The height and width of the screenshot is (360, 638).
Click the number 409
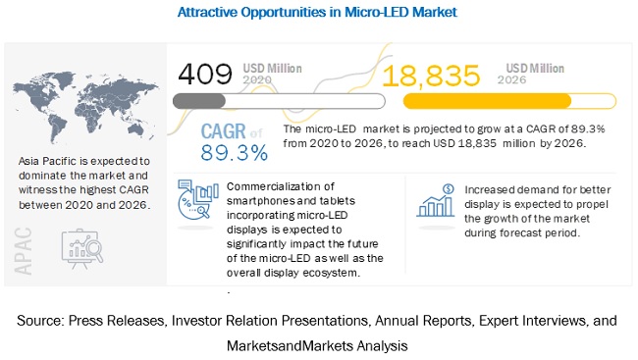click(x=205, y=74)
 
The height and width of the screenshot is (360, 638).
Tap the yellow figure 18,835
click(x=431, y=76)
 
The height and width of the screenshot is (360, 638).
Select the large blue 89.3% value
click(x=235, y=153)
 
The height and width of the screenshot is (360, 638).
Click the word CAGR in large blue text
click(x=224, y=131)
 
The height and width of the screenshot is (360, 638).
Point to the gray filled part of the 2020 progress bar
click(x=199, y=101)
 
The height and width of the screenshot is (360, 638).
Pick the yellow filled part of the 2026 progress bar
click(x=487, y=101)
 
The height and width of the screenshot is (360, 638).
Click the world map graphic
click(x=85, y=107)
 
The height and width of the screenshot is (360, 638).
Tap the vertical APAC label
click(x=23, y=251)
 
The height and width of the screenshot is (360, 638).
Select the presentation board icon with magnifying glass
click(x=82, y=248)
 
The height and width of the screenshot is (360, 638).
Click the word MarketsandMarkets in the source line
click(x=290, y=345)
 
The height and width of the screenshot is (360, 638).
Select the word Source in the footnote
click(x=40, y=321)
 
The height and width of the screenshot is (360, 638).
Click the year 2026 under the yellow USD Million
click(x=511, y=79)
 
